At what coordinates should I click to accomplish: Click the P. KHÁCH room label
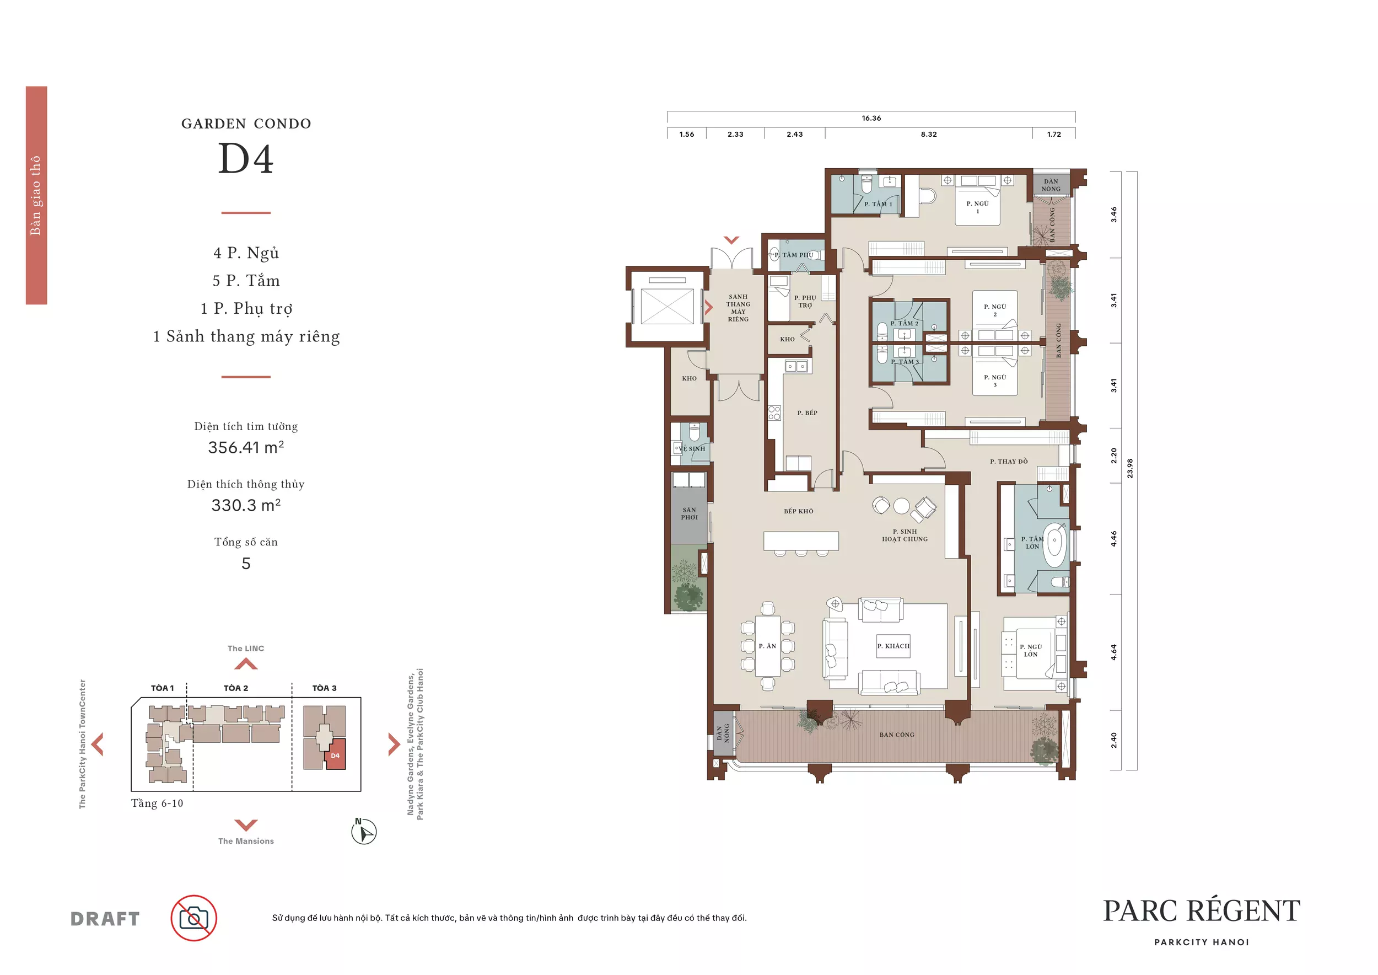[x=893, y=646]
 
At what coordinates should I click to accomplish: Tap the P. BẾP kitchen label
[x=808, y=413]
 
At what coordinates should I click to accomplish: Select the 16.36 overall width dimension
[x=871, y=118]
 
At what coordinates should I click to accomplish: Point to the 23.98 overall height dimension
[x=1130, y=468]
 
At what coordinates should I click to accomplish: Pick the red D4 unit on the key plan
[x=335, y=756]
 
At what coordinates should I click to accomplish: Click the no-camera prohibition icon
[x=194, y=918]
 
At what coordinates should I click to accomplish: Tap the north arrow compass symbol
[x=364, y=832]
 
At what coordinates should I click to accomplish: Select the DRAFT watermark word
[x=105, y=919]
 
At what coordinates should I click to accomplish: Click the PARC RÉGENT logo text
[x=1202, y=912]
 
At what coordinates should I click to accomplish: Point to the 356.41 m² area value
[x=246, y=447]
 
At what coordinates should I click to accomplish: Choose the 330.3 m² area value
[x=246, y=505]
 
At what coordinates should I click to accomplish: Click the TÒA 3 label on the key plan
[x=325, y=688]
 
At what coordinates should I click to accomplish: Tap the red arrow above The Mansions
[x=246, y=825]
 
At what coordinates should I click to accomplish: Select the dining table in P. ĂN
[x=768, y=646]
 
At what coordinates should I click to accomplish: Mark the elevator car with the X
[x=668, y=306]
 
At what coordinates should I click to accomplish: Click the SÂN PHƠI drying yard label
[x=689, y=513]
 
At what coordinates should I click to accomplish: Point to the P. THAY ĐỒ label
[x=1009, y=462]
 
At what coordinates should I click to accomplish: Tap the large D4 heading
[x=245, y=158]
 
